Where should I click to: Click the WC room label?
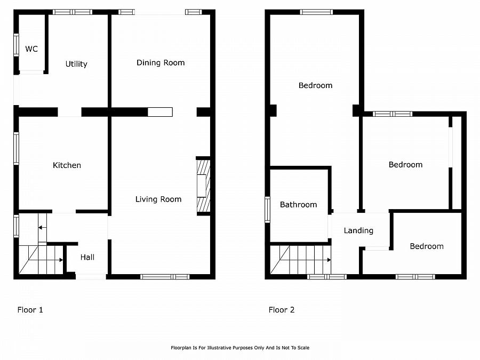tap(31, 49)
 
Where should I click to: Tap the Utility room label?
tap(76, 64)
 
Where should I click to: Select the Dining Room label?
tap(161, 62)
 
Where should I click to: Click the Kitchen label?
tap(67, 165)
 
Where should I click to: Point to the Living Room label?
tap(158, 199)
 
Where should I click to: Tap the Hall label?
tap(87, 257)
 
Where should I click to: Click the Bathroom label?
tap(298, 205)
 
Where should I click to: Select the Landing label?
tap(358, 230)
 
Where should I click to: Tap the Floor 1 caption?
tap(30, 310)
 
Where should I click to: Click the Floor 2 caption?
tap(282, 310)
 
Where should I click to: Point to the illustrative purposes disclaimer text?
tap(239, 348)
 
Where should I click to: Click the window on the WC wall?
tap(16, 45)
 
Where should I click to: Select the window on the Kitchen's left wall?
tap(16, 148)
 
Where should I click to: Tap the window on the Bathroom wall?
tap(267, 209)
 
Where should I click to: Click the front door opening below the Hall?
tap(91, 276)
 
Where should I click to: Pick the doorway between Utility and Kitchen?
tap(69, 112)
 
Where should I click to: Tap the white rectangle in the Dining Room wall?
tap(160, 112)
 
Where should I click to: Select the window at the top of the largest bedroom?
tap(316, 12)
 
